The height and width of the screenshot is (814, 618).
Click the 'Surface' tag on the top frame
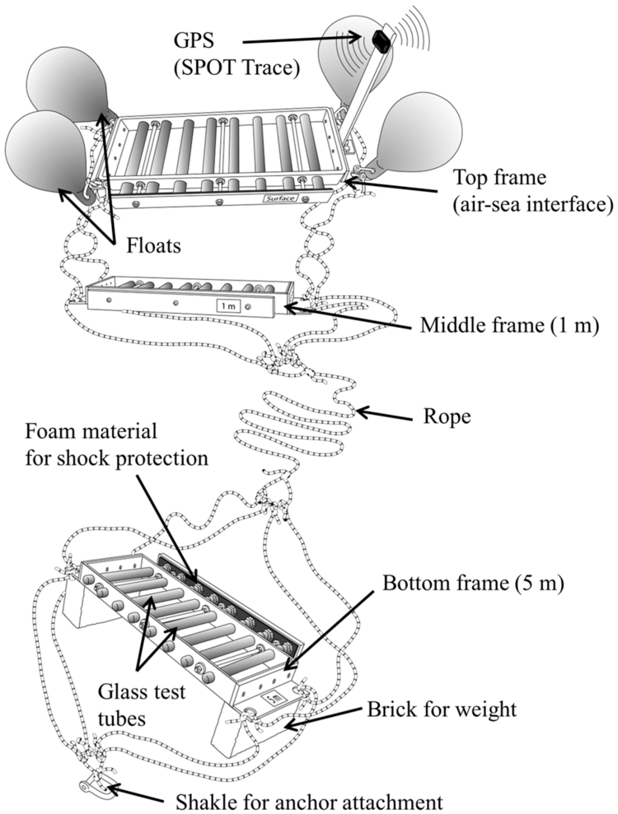[x=280, y=198]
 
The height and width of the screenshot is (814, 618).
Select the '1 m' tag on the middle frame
[x=228, y=306]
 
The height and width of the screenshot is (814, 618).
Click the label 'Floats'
[x=153, y=245]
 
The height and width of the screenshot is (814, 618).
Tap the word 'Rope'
[x=447, y=416]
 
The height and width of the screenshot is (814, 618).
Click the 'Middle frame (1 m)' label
[x=509, y=325]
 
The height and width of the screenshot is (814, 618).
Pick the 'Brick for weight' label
[x=442, y=709]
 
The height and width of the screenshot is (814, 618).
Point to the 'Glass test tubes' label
[x=142, y=705]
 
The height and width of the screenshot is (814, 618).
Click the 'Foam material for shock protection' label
[x=117, y=445]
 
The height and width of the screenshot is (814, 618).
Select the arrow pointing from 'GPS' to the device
[x=302, y=40]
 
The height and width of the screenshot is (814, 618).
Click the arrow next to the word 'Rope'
[x=383, y=415]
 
